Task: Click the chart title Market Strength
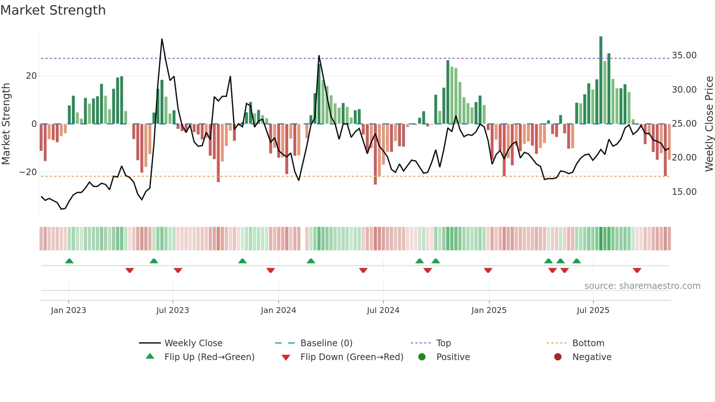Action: pos(53,10)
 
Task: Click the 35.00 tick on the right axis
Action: pos(684,55)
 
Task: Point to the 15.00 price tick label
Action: pos(684,192)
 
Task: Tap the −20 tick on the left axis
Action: pos(28,172)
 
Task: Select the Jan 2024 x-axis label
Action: pos(278,310)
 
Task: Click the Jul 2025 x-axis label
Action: pos(593,310)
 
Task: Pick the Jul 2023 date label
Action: pos(173,310)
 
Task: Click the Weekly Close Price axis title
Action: pos(709,124)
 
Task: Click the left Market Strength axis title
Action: pos(6,124)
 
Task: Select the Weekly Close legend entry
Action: pos(193,343)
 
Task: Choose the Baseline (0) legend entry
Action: pos(326,343)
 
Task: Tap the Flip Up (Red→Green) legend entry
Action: pos(209,357)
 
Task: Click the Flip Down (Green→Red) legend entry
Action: pos(352,357)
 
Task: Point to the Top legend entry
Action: pos(443,343)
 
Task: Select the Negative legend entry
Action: pos(591,357)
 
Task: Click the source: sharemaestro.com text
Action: pos(642,286)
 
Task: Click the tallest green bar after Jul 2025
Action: pos(601,80)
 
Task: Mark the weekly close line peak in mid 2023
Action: pos(162,39)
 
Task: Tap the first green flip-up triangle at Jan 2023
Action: pos(69,261)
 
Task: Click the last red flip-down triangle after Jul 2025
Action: pos(637,270)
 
